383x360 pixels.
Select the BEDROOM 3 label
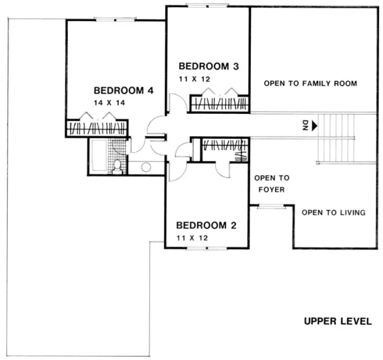209,67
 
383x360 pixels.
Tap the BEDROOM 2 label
206,225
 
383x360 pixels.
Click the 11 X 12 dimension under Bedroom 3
194,79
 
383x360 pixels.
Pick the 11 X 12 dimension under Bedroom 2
192,237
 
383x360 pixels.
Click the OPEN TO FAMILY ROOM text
310,83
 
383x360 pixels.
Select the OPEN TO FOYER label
272,184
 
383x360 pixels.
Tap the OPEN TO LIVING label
333,213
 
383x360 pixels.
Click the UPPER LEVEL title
337,322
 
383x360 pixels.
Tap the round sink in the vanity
146,168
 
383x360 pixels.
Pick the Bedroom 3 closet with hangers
219,104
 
